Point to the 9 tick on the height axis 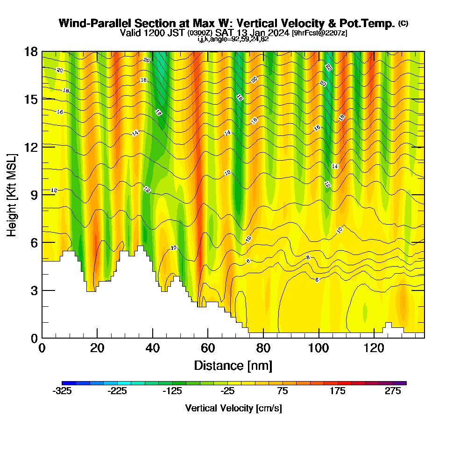pos(34,195)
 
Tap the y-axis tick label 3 pos(34,290)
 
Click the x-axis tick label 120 pos(374,348)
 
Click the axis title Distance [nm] pos(233,365)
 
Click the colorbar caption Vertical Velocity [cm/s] pos(233,408)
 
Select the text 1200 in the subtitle pos(150,33)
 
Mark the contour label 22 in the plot pos(329,68)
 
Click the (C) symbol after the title pos(403,23)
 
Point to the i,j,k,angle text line pos(233,39)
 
